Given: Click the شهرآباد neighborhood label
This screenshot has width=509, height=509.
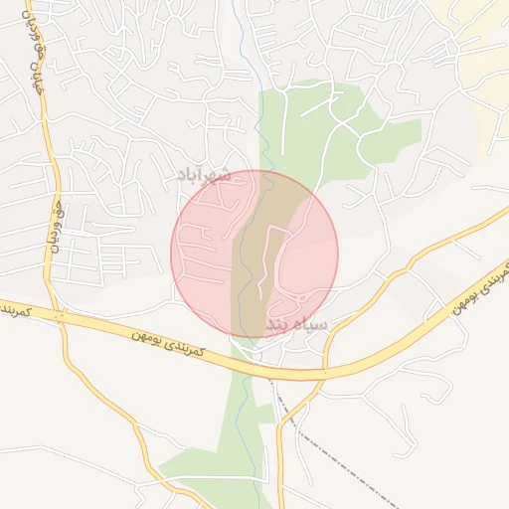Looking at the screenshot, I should (x=203, y=175).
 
